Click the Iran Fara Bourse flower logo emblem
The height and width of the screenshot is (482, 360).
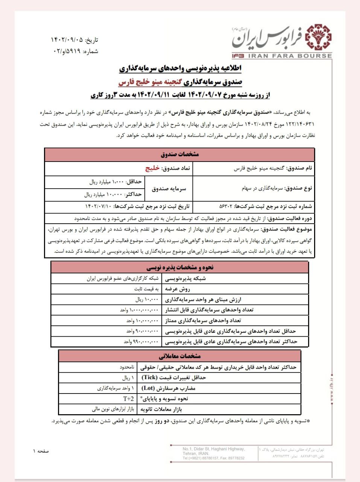[318, 37]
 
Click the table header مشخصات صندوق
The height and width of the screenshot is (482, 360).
[179, 154]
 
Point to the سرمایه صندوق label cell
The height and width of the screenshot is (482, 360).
[169, 189]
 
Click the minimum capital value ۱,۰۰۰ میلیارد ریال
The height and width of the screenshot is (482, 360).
[106, 182]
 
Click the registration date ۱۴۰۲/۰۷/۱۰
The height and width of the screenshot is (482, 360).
[99, 206]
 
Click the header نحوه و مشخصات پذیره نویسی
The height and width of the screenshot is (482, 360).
[179, 267]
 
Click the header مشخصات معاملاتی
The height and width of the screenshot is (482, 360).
[179, 356]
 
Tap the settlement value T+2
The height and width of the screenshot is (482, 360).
[128, 399]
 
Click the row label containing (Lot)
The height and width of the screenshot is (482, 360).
[168, 388]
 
